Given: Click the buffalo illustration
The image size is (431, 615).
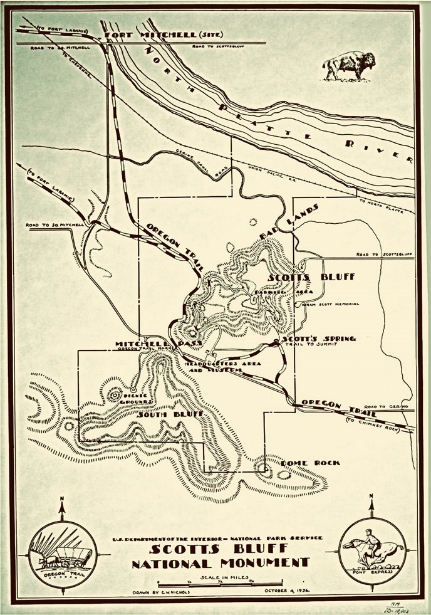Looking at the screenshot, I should point(350,66).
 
